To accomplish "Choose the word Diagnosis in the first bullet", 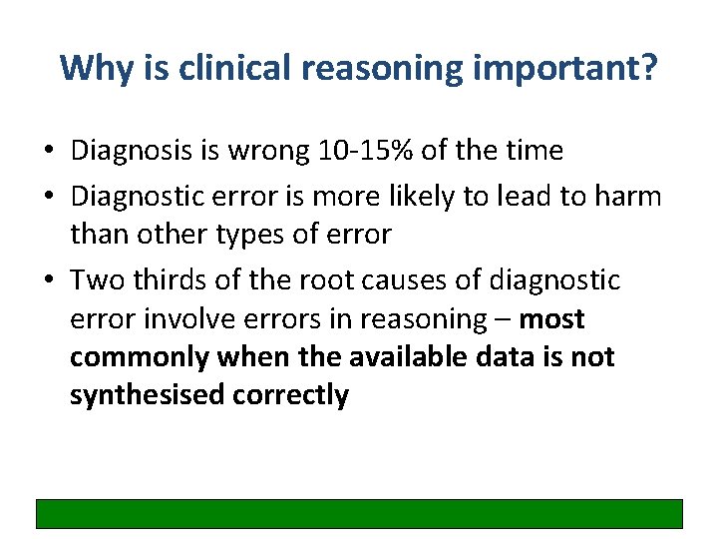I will point(135,151).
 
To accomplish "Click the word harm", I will point(629,197).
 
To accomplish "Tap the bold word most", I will point(552,318).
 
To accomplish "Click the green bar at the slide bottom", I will point(359,513).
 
